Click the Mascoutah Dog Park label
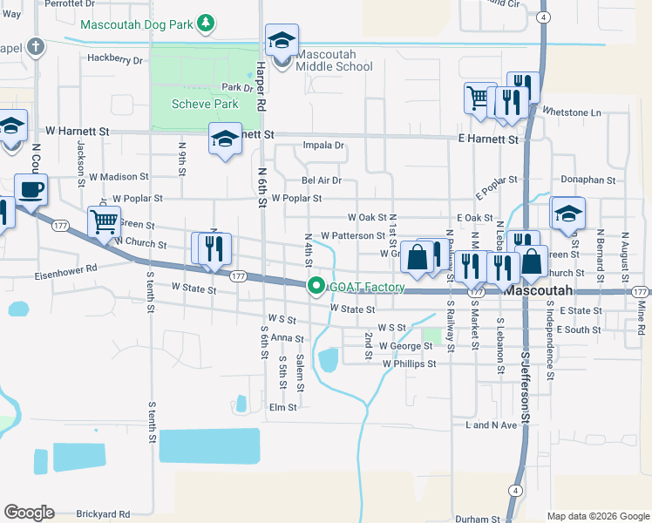click(x=136, y=24)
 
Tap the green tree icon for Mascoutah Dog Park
click(x=204, y=23)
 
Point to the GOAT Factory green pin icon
click(x=316, y=286)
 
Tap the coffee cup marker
click(x=31, y=189)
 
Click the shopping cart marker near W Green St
click(x=104, y=221)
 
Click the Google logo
click(x=29, y=513)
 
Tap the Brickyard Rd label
click(x=103, y=514)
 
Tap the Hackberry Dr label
click(x=114, y=59)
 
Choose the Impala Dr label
click(x=323, y=146)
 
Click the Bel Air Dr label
click(x=322, y=180)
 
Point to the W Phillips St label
click(x=407, y=363)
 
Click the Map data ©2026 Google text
click(x=597, y=516)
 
